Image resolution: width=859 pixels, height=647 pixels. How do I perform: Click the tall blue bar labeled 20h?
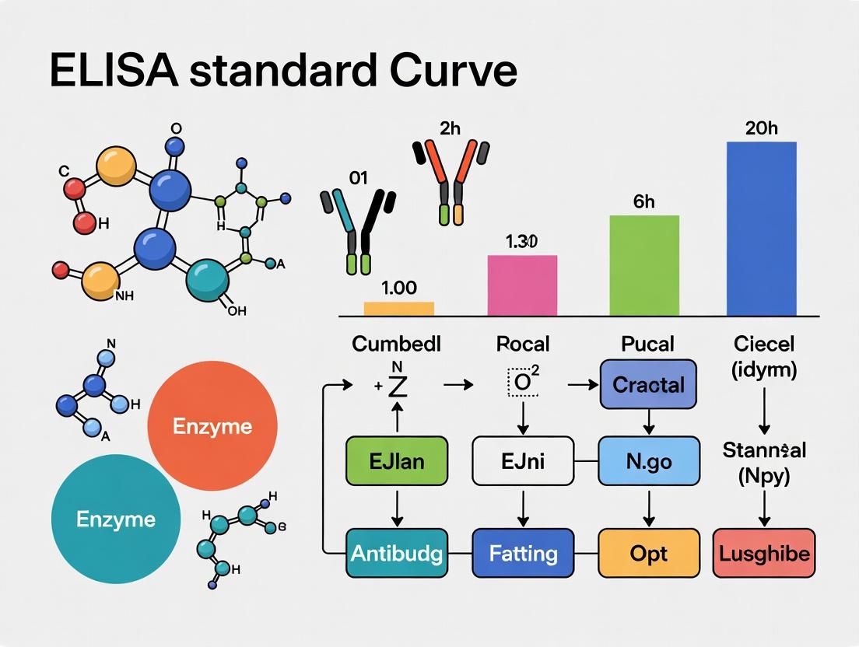coord(761,229)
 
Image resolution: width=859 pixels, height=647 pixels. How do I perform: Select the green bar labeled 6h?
coord(643,265)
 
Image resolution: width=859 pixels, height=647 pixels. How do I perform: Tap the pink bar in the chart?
coord(522,285)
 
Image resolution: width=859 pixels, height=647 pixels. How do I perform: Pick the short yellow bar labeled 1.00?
coord(398,309)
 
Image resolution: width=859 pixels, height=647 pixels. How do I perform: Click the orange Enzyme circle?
coord(212,427)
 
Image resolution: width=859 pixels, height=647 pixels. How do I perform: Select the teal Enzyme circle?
coord(116,519)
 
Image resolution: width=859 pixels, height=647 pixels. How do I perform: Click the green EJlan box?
coord(396,461)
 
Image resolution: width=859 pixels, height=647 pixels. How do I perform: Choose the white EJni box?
coord(522,461)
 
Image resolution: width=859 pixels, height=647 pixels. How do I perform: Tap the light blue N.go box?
coord(648,461)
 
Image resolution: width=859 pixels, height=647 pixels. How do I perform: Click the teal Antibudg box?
coord(397,553)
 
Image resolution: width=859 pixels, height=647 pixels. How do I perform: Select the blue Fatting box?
coord(523,553)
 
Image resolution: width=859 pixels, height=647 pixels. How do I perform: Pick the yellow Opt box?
coord(648,553)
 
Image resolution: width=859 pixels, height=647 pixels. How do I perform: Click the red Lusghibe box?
coord(763,553)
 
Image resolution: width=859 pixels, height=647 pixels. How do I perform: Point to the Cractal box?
coord(648,385)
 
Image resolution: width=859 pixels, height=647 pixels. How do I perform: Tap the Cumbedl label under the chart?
coord(396,344)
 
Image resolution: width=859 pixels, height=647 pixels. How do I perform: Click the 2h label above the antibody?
coord(451,129)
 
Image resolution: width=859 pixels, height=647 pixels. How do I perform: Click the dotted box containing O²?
coord(523,383)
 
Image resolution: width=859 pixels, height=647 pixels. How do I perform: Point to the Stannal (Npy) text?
coord(763,463)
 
